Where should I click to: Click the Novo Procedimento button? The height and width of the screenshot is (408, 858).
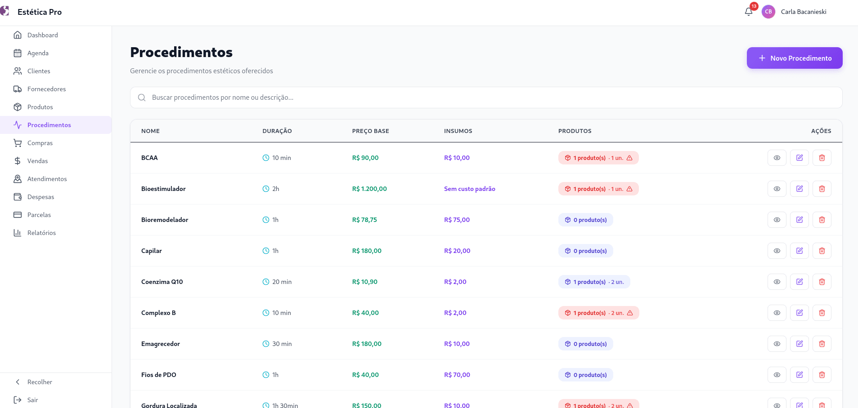click(795, 58)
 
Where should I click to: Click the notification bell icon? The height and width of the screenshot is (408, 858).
click(749, 12)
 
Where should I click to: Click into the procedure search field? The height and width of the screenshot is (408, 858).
click(486, 98)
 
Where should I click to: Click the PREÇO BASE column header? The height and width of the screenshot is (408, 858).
click(371, 131)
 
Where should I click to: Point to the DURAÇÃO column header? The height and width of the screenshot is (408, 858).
click(277, 131)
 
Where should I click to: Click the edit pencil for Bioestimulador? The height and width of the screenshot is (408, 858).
click(800, 189)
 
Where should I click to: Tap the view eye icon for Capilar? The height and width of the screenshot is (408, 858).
click(777, 251)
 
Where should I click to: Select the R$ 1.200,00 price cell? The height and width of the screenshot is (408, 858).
click(369, 189)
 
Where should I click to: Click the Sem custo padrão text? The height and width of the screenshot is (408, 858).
click(470, 189)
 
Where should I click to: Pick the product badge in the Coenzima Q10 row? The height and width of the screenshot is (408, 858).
click(594, 282)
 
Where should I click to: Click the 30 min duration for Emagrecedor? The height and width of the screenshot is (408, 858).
click(282, 344)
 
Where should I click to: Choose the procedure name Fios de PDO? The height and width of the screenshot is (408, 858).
click(159, 375)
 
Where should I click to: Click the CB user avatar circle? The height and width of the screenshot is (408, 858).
click(768, 12)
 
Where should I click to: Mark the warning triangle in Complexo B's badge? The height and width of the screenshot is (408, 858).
click(630, 313)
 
